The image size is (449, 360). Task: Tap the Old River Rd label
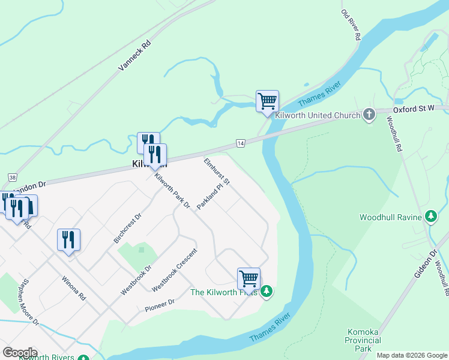point(351,25)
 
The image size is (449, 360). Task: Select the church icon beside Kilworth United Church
point(369,114)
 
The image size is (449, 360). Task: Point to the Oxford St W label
point(414,109)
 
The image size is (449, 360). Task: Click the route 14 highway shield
point(240,143)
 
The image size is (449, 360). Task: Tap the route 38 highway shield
point(12,177)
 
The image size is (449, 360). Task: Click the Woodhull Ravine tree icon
point(430,216)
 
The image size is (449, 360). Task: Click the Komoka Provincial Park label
point(364,340)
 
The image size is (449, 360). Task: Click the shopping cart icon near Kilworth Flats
point(249,278)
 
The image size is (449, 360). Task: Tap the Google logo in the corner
point(20,353)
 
